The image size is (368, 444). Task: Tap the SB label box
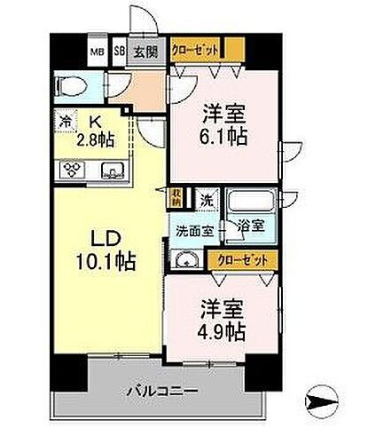[119, 51]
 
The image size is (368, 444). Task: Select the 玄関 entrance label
[144, 51]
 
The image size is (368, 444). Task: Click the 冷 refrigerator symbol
[65, 120]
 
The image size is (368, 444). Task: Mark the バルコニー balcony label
[161, 390]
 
